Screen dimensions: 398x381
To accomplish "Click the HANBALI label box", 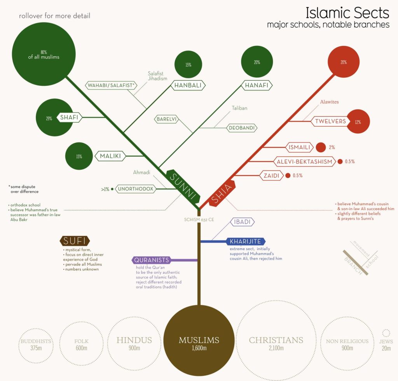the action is (188, 85).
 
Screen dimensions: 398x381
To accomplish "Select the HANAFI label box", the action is (257, 85).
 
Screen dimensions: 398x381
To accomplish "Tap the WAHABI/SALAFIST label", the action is (111, 85).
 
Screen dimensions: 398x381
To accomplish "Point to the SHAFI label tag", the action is (69, 117).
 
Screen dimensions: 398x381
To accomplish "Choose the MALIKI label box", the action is (110, 156).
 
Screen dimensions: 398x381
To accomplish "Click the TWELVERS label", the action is (330, 121).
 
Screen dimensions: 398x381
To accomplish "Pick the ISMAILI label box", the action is (299, 147).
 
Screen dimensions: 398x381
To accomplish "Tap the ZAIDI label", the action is (271, 176).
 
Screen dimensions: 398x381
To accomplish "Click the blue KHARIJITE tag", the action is (246, 242).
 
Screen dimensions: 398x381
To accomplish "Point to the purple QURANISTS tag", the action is (152, 260).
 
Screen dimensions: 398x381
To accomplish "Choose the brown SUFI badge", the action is (75, 241).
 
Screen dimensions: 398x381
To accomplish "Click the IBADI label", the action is (243, 222).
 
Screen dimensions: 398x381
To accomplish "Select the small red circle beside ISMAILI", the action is (321, 147).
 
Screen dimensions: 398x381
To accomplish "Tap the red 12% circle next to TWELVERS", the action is (358, 122).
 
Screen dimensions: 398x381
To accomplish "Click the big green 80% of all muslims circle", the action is (44, 54).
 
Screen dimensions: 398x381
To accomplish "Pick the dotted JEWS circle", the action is (386, 333).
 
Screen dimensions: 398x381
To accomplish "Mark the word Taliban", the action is (239, 108).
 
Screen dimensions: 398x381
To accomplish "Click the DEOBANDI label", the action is (242, 128).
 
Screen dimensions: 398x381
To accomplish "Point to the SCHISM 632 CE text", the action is (199, 220).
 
